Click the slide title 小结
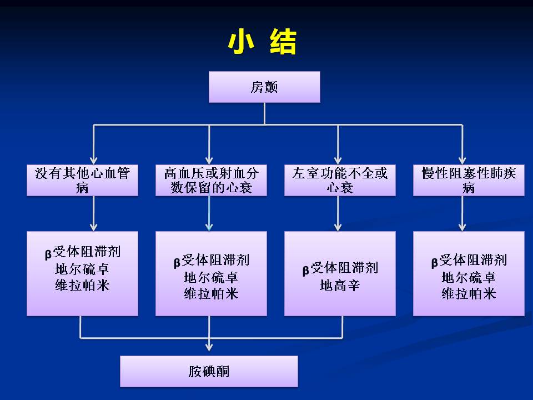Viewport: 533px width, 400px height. click(262, 42)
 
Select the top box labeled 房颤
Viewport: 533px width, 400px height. click(264, 87)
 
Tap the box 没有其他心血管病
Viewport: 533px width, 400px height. click(82, 180)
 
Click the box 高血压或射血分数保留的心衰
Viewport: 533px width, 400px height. click(211, 180)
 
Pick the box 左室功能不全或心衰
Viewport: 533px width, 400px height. click(340, 180)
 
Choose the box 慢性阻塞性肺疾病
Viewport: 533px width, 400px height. click(469, 180)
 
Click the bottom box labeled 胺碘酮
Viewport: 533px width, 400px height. click(209, 371)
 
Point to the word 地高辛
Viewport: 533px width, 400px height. click(340, 286)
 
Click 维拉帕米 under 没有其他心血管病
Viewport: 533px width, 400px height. click(82, 286)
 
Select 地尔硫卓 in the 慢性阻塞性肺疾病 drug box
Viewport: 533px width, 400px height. click(469, 277)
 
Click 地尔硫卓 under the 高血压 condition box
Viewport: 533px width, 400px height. click(211, 277)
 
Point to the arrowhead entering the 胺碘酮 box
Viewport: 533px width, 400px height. click(209, 347)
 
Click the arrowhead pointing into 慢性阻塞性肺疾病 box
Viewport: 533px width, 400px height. click(462, 159)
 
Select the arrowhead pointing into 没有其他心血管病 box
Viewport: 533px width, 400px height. click(94, 159)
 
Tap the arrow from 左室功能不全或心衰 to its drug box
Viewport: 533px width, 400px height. click(338, 213)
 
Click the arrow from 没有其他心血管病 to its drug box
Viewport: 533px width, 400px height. click(94, 213)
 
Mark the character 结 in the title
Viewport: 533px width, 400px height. click(283, 42)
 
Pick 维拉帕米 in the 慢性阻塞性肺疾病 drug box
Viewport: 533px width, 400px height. click(469, 293)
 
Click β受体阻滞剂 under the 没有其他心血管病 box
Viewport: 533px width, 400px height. click(82, 253)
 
